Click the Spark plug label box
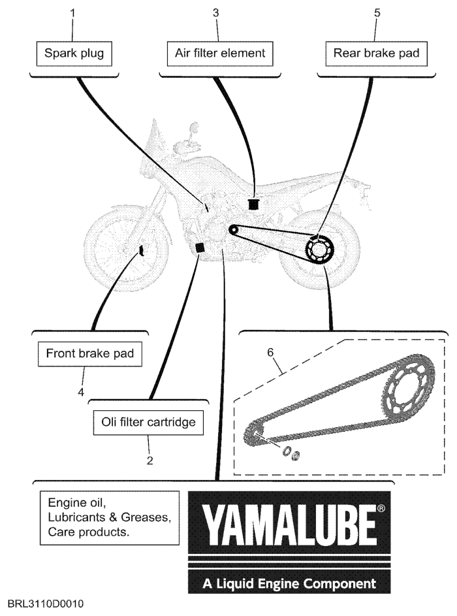coord(74,53)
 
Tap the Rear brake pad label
coord(371,53)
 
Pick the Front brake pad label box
coord(90,354)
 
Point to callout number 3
coord(215,12)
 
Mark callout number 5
coord(377,12)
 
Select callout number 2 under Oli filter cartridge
coord(150,460)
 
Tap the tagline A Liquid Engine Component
coord(289,581)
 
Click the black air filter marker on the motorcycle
coord(253,203)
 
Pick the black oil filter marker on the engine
coord(200,248)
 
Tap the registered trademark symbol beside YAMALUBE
coord(381,508)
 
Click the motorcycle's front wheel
coord(121,252)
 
